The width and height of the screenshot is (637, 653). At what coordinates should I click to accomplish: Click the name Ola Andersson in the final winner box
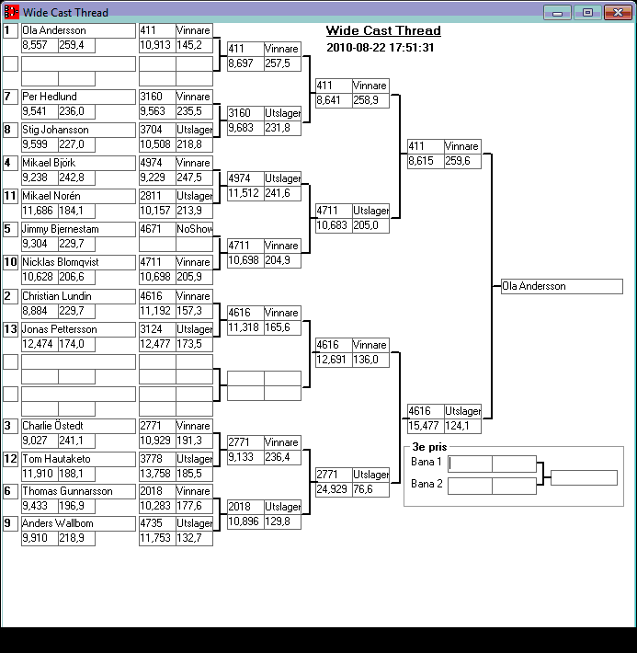[534, 287]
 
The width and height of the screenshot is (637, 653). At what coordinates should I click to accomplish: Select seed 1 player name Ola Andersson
[54, 30]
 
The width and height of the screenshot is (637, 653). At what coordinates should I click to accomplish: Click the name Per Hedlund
[50, 97]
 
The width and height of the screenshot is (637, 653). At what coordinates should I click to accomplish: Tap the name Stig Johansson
[55, 130]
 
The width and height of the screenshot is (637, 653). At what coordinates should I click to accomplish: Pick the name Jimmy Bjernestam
[61, 229]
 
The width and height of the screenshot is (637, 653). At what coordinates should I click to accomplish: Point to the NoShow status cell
[192, 229]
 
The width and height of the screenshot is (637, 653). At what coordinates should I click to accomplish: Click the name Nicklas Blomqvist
[62, 262]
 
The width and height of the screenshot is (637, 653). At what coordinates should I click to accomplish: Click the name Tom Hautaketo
[57, 459]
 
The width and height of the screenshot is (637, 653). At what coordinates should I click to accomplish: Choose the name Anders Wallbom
[58, 524]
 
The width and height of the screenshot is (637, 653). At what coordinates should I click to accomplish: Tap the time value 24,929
[332, 489]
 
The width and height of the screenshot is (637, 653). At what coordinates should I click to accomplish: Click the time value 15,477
[424, 425]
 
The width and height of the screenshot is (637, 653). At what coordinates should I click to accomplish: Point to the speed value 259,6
[458, 161]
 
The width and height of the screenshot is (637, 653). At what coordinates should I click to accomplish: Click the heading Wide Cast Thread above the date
[383, 31]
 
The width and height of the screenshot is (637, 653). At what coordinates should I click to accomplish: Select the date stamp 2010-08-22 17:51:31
[380, 48]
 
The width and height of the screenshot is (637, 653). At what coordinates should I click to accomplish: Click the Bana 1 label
[427, 463]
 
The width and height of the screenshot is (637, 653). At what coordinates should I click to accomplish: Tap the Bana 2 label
[427, 485]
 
